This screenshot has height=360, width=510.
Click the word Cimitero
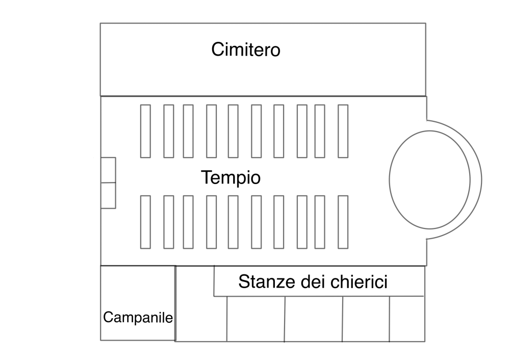(x=246, y=50)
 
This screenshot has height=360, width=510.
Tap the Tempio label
(x=231, y=178)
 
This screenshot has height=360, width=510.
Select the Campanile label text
(x=138, y=317)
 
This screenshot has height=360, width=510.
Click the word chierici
(x=359, y=281)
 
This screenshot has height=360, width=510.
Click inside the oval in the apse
(x=429, y=180)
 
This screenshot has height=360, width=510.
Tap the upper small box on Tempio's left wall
(x=108, y=170)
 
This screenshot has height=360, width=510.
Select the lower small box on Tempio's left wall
(x=108, y=195)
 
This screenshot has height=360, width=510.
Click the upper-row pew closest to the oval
(x=343, y=131)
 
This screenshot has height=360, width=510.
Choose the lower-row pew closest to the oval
(x=343, y=222)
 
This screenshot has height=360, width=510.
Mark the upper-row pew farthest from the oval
(x=145, y=131)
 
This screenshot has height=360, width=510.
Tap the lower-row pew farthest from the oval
(x=145, y=222)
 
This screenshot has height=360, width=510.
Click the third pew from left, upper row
(x=188, y=131)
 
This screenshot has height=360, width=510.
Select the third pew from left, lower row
(x=188, y=222)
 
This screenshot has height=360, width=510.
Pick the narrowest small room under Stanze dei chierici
(x=407, y=319)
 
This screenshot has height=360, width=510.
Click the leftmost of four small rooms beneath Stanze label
(x=256, y=319)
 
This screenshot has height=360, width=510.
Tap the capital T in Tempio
(x=207, y=177)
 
